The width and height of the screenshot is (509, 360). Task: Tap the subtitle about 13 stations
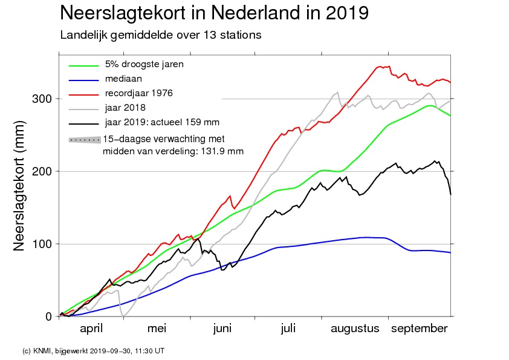pyautogui.click(x=160, y=35)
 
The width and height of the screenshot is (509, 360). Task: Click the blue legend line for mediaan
pyautogui.click(x=83, y=80)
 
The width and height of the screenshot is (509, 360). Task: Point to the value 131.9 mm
pyautogui.click(x=222, y=151)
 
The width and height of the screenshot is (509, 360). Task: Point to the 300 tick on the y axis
pyautogui.click(x=42, y=99)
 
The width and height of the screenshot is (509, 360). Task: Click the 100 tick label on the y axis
pyautogui.click(x=42, y=244)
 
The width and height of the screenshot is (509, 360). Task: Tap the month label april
pyautogui.click(x=91, y=329)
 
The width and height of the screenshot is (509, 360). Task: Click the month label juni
pyautogui.click(x=222, y=329)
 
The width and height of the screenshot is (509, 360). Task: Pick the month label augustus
pyautogui.click(x=355, y=329)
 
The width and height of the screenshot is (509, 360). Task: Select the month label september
pyautogui.click(x=420, y=329)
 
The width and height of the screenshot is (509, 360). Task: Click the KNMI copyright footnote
pyautogui.click(x=93, y=350)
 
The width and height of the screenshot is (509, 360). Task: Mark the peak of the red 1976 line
pyautogui.click(x=380, y=67)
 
